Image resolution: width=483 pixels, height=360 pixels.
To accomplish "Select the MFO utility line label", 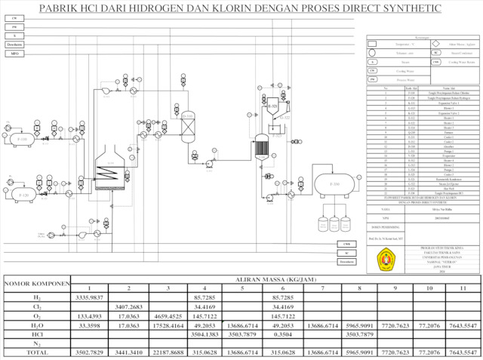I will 14,54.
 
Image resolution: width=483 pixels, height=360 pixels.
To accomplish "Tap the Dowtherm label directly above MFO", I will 14,45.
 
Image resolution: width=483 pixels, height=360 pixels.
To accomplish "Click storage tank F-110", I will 22,140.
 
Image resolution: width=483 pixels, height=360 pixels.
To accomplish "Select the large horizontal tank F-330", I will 334,183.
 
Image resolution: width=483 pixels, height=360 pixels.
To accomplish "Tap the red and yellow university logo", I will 387,260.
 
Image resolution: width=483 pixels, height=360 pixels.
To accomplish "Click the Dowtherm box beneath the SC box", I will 346,262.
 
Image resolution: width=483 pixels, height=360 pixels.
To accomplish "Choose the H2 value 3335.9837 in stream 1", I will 90,298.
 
